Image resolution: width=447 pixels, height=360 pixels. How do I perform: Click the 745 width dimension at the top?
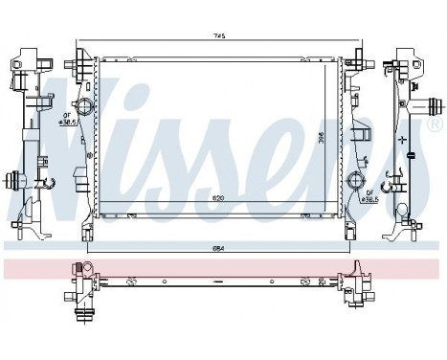point(218,36)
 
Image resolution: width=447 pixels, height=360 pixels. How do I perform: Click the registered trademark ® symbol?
point(436,124)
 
